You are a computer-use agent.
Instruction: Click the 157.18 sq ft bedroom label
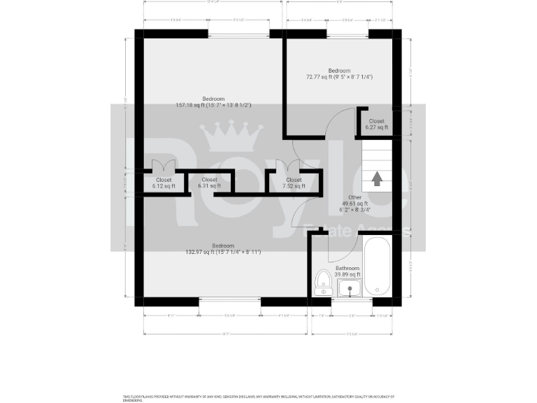pos(213,102)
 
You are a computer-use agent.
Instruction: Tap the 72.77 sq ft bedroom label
pos(339,73)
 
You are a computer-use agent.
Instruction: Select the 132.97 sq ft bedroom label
pos(223,249)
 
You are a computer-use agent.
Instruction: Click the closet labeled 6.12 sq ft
pos(162,183)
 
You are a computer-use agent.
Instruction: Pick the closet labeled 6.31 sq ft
pos(209,183)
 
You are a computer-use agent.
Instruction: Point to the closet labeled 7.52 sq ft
pos(294,183)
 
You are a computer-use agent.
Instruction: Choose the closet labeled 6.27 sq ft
pos(376,125)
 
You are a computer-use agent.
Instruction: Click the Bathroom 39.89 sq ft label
pos(348,271)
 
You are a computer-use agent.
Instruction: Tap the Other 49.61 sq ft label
pos(355,203)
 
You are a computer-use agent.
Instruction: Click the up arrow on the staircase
pos(377,178)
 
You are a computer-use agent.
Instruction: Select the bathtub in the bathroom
pos(378,267)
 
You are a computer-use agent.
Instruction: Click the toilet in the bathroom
pos(323,283)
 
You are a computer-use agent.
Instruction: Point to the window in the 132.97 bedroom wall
pos(229,302)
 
